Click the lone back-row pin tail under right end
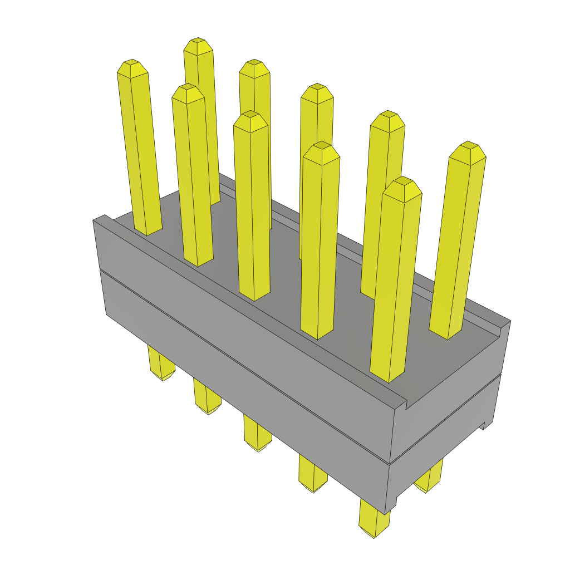click(430, 484)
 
